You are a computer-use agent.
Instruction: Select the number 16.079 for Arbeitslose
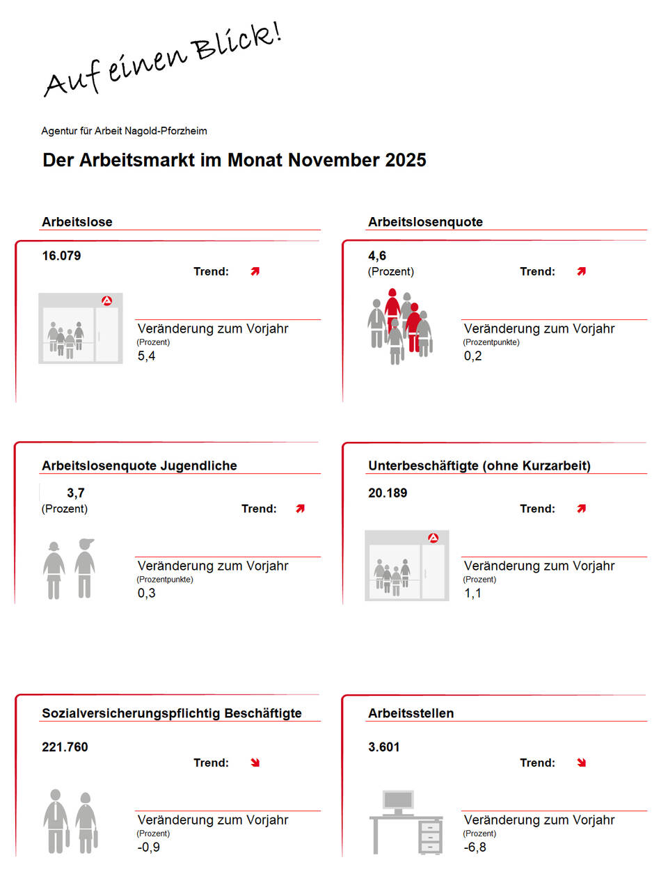click(x=61, y=256)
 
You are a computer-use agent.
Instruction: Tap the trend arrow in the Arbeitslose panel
click(x=255, y=271)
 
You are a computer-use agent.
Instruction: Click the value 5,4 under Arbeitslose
click(x=146, y=356)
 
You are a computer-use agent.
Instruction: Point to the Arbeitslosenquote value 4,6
click(x=377, y=256)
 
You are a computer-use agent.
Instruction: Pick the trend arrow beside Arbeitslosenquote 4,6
click(x=582, y=271)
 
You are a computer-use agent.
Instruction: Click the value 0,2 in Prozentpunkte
click(x=472, y=356)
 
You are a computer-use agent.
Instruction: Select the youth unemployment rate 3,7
click(x=75, y=493)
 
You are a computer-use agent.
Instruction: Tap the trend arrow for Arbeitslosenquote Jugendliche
click(x=300, y=509)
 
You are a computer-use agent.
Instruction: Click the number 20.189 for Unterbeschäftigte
click(x=388, y=493)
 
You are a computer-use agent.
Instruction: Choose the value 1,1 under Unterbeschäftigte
click(x=472, y=594)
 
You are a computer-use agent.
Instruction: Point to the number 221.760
click(x=65, y=747)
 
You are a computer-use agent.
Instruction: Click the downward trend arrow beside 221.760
click(x=255, y=763)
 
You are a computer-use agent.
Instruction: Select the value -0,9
click(x=148, y=847)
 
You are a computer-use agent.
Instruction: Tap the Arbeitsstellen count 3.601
click(x=384, y=747)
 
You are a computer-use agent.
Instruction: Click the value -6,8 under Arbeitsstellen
click(x=475, y=847)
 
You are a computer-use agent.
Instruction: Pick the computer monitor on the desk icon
click(x=398, y=800)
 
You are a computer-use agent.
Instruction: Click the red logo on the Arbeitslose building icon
click(x=106, y=301)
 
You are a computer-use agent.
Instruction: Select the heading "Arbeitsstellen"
click(x=411, y=713)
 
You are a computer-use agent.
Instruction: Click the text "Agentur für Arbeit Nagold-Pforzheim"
click(x=124, y=131)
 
